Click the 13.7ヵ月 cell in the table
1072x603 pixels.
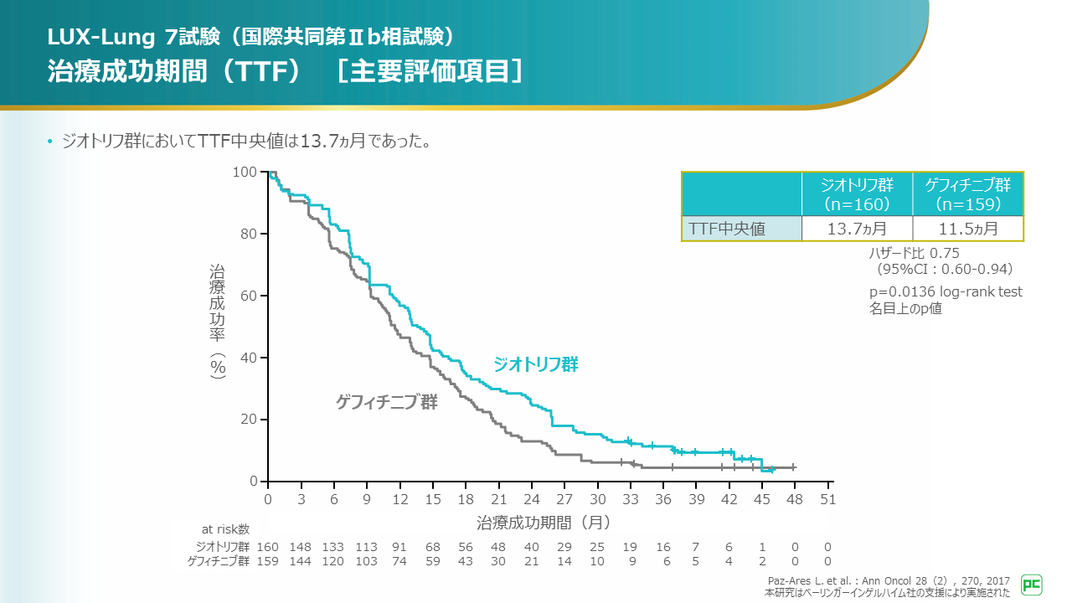point(857,229)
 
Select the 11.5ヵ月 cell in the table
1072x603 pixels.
point(967,229)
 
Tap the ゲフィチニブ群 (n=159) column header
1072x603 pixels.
point(967,194)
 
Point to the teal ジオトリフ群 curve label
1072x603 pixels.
point(536,364)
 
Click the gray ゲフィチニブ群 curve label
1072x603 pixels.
point(386,402)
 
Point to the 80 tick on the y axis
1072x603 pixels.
point(249,234)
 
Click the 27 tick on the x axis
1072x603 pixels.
point(564,499)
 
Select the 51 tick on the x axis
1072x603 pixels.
point(828,499)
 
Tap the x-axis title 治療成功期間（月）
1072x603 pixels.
point(544,522)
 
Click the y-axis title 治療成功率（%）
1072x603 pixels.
point(218,322)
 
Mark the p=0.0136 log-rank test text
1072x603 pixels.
point(946,291)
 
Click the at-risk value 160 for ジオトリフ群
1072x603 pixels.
point(267,547)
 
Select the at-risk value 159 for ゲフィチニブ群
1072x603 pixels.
point(267,561)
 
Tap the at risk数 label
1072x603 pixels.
point(225,529)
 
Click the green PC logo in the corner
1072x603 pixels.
point(1032,585)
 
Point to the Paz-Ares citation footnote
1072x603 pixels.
point(888,580)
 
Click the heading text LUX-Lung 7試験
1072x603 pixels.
point(134,37)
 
